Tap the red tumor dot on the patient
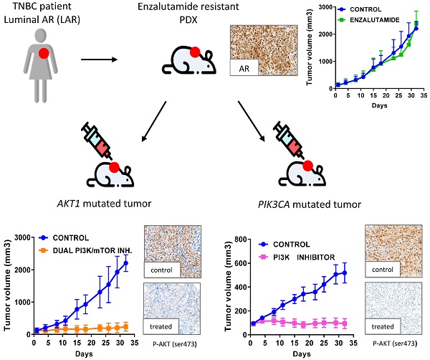[x=44, y=53]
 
